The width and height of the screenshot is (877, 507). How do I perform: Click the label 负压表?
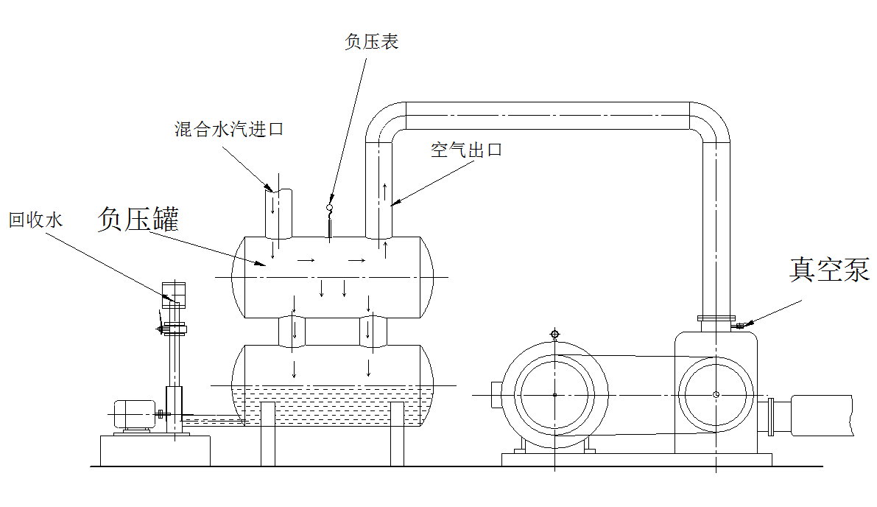coord(372,42)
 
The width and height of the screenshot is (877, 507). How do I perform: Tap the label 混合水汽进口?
coord(229,130)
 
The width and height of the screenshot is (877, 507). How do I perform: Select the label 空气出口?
coord(466,150)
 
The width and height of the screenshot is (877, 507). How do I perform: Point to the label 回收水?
coord(36,220)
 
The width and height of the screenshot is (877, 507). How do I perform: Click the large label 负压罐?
coord(139,220)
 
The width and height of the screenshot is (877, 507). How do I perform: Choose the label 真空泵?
coord(829,269)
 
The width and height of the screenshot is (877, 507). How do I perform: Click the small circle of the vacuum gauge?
coord(329,208)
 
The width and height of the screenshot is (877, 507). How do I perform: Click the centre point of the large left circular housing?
coord(554,394)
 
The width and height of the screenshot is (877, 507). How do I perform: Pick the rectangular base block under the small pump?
coord(155,450)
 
